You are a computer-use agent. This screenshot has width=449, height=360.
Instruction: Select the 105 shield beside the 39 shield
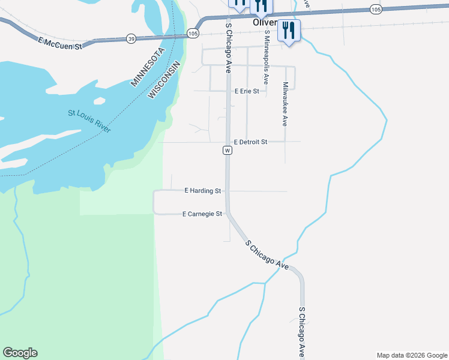(x=192, y=33)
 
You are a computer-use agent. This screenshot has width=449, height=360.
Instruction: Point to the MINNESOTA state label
(x=146, y=67)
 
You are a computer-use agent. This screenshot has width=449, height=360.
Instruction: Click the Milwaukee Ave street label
(x=285, y=104)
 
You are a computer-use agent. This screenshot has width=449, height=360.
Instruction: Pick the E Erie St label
(x=247, y=91)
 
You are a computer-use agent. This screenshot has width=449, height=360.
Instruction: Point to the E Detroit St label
(x=250, y=142)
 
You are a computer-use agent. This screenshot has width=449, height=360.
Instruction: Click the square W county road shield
(x=228, y=150)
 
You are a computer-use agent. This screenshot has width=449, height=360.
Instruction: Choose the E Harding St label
(x=203, y=191)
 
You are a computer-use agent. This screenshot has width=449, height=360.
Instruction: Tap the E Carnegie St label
(x=202, y=214)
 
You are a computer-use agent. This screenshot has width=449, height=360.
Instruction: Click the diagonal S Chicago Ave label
(x=267, y=254)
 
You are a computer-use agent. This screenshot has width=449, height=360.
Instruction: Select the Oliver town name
(x=265, y=23)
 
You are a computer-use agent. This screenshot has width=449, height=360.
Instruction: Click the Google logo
(x=20, y=353)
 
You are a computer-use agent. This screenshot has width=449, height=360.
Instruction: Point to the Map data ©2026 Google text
(x=412, y=355)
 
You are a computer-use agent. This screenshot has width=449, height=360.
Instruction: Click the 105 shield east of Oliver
(x=376, y=8)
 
